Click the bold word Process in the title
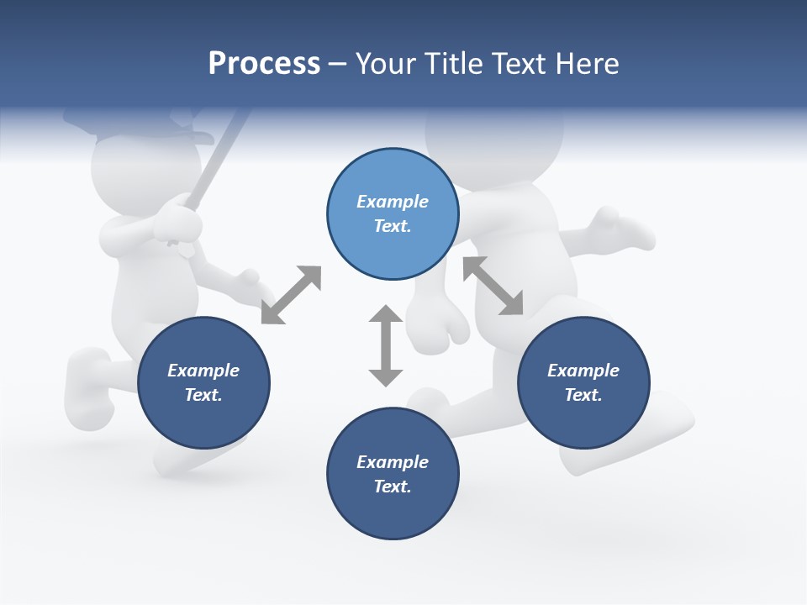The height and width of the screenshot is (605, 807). (x=264, y=64)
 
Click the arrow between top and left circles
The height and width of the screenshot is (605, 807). (x=291, y=295)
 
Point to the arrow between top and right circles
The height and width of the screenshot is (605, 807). (x=493, y=286)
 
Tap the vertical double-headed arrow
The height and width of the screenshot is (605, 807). (x=386, y=345)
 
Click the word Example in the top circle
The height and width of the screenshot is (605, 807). (x=393, y=202)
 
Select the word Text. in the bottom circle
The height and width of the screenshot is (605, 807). (x=393, y=487)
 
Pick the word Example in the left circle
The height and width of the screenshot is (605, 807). (x=203, y=371)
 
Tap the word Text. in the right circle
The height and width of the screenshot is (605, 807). (x=583, y=395)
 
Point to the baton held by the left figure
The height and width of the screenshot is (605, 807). (x=222, y=160)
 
